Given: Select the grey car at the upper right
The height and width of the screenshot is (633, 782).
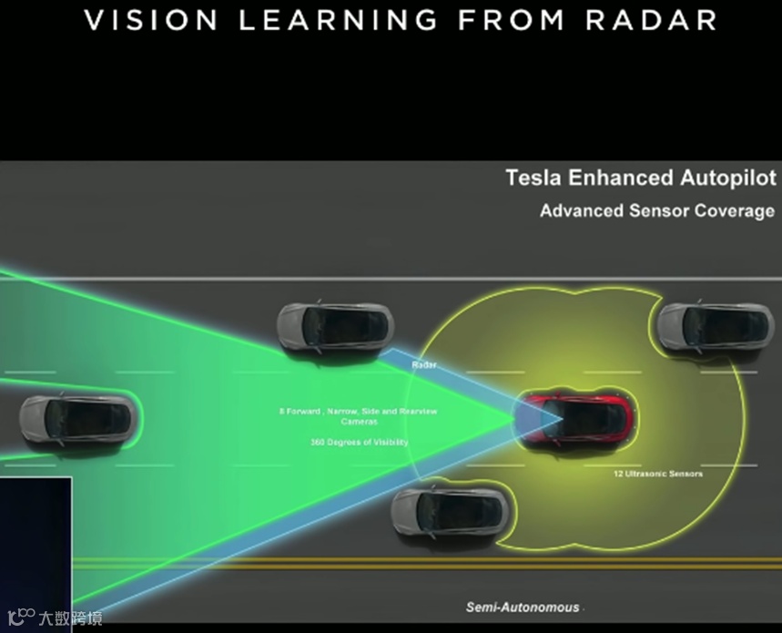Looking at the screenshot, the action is point(715,325).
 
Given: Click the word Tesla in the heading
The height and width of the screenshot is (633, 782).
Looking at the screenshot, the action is point(534,178).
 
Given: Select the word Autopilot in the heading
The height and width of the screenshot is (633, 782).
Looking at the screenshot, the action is point(728,178).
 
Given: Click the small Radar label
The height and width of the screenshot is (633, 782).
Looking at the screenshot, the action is point(424,364).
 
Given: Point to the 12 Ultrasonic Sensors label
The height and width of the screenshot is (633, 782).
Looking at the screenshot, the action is point(657,474).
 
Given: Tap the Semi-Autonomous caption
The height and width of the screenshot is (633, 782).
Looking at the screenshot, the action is point(522,607).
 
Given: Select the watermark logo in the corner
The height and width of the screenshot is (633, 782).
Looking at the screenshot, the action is point(55,618).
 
